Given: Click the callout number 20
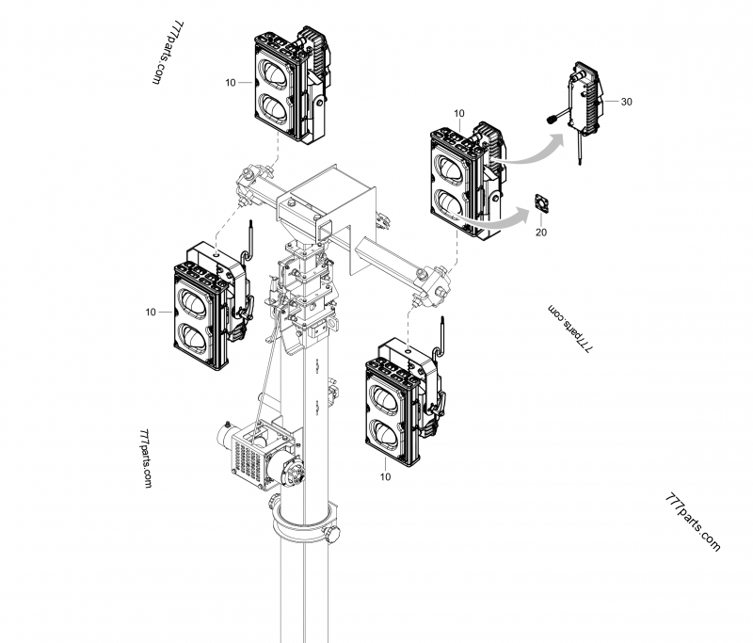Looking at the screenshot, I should point(540,231).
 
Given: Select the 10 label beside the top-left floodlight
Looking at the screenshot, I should point(231,83).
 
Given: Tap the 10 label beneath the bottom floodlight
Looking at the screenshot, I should point(385,477).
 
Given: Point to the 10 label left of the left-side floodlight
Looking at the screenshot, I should point(151,312).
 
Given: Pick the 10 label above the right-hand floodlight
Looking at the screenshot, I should point(459,114).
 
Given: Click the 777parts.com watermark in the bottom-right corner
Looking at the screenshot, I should point(692,521).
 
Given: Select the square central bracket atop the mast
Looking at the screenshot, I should point(329,202).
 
